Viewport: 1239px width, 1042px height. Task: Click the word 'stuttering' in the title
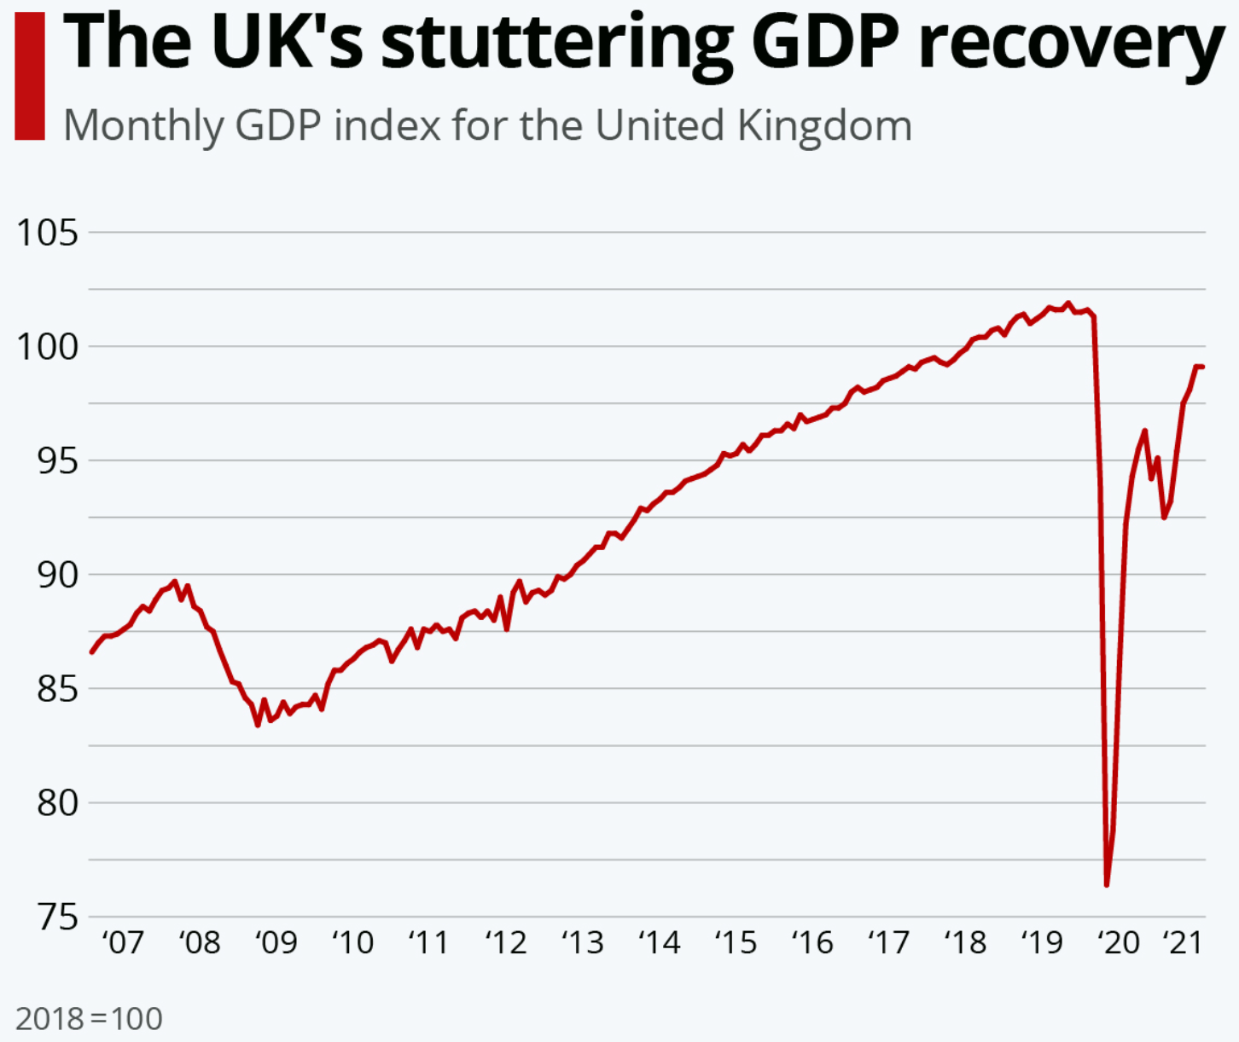pyautogui.click(x=556, y=43)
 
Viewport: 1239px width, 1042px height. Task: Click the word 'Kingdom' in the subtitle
pyautogui.click(x=824, y=126)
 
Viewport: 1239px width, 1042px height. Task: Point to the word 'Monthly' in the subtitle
pyautogui.click(x=143, y=126)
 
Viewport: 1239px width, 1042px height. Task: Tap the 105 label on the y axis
pyautogui.click(x=48, y=232)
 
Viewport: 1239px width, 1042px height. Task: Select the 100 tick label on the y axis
pyautogui.click(x=48, y=346)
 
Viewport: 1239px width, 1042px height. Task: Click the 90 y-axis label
pyautogui.click(x=56, y=575)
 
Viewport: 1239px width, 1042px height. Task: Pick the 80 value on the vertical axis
pyautogui.click(x=56, y=802)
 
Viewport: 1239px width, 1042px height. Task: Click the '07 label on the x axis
pyautogui.click(x=124, y=942)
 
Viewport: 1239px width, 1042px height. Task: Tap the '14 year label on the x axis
pyautogui.click(x=659, y=942)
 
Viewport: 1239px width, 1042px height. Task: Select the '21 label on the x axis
pyautogui.click(x=1183, y=942)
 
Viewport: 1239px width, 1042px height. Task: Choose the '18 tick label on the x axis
pyautogui.click(x=965, y=942)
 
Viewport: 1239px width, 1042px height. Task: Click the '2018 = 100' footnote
pyautogui.click(x=89, y=1018)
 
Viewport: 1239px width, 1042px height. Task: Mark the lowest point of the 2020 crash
pyautogui.click(x=1107, y=885)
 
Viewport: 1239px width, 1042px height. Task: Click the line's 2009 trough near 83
pyautogui.click(x=258, y=725)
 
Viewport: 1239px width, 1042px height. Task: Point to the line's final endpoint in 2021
pyautogui.click(x=1201, y=367)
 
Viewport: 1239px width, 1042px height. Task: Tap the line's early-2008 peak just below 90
pyautogui.click(x=175, y=582)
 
